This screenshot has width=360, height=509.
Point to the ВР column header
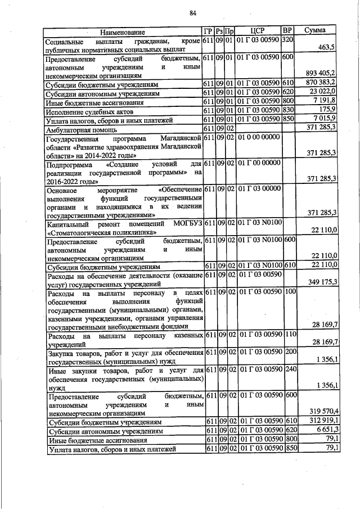(287, 30)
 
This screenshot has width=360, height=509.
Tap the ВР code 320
(287, 41)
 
